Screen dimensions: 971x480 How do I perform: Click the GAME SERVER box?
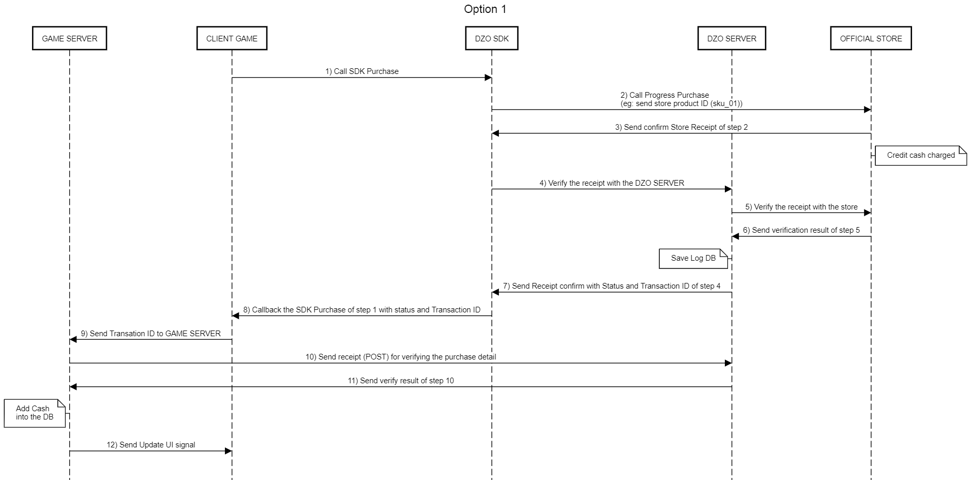point(69,38)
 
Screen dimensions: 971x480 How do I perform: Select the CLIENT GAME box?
point(232,38)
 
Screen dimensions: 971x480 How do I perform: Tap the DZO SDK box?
point(492,38)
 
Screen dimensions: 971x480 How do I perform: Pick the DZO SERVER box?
point(732,38)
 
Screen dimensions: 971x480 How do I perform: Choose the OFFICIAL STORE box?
point(871,38)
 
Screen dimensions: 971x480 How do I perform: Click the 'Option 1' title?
point(485,9)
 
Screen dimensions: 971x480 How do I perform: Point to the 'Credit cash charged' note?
point(921,156)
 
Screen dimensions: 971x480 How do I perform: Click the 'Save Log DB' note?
point(693,259)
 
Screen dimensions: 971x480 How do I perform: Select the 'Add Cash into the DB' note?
point(35,413)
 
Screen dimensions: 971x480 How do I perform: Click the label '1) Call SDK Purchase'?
point(362,71)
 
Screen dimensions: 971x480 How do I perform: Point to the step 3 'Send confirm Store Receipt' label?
point(681,127)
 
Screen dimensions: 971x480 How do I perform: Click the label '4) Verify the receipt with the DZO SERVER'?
point(612,183)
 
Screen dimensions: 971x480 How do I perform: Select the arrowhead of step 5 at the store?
point(868,213)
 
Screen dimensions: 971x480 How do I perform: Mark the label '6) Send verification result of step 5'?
point(801,230)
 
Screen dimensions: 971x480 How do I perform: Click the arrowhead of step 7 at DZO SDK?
point(495,292)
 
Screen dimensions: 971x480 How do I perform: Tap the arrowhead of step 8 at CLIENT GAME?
point(235,316)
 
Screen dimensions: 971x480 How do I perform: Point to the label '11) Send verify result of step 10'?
point(401,381)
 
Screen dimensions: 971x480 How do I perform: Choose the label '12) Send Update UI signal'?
point(151,445)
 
